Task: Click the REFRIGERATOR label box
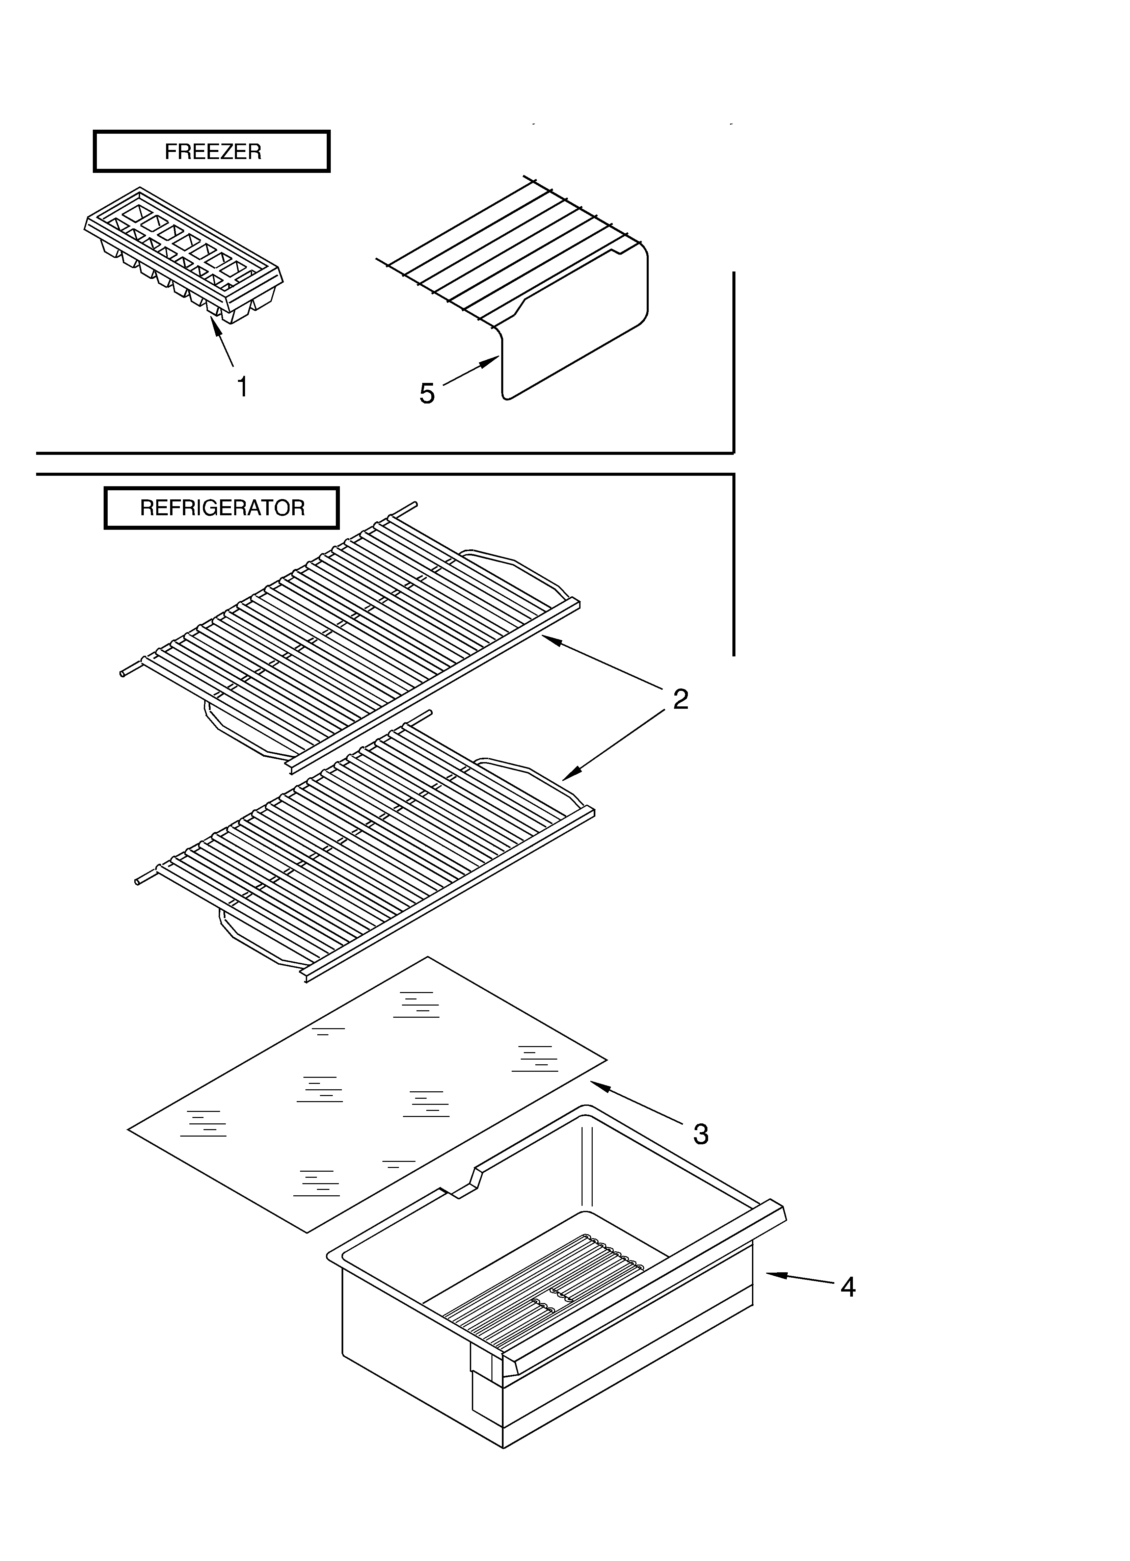[x=222, y=508]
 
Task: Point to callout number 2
[x=680, y=699]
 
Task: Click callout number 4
[x=848, y=1287]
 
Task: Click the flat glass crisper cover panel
[x=365, y=1094]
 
